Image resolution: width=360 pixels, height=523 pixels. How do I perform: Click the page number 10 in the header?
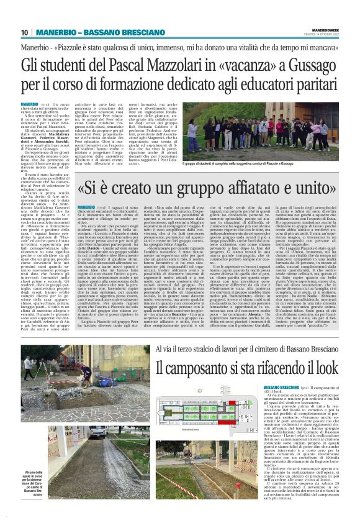(x=25, y=33)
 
